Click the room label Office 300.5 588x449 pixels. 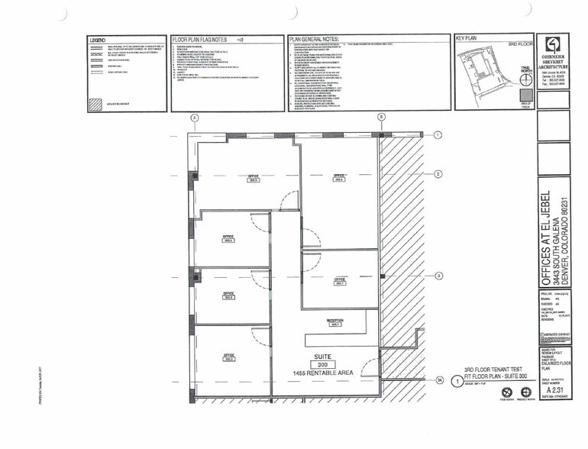click(254, 178)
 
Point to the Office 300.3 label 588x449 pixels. click(228, 295)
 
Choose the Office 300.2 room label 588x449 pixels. click(228, 356)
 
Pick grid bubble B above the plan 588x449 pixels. click(381, 118)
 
